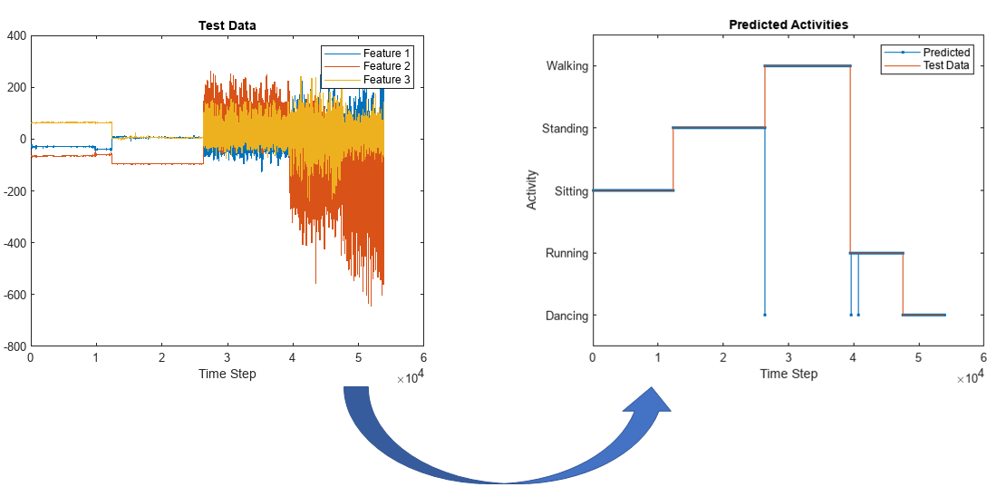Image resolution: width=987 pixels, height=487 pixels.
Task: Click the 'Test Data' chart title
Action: (x=227, y=25)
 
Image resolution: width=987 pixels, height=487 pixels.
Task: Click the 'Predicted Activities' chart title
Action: (x=789, y=24)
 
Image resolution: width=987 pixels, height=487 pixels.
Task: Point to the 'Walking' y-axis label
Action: (x=566, y=65)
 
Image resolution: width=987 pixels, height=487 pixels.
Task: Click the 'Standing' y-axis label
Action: (x=565, y=128)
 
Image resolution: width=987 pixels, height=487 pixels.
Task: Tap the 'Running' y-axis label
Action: (x=566, y=253)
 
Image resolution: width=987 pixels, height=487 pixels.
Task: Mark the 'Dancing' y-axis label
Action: (x=566, y=316)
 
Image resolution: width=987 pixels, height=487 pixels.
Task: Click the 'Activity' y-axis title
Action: (x=532, y=190)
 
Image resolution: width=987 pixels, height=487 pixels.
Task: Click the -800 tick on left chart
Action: (x=13, y=346)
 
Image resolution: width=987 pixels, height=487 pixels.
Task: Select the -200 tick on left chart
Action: (x=13, y=191)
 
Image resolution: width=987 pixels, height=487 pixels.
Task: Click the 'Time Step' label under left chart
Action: (x=227, y=374)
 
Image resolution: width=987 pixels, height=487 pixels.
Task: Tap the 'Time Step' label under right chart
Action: (x=789, y=374)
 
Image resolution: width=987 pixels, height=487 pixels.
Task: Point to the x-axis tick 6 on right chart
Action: (x=983, y=359)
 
